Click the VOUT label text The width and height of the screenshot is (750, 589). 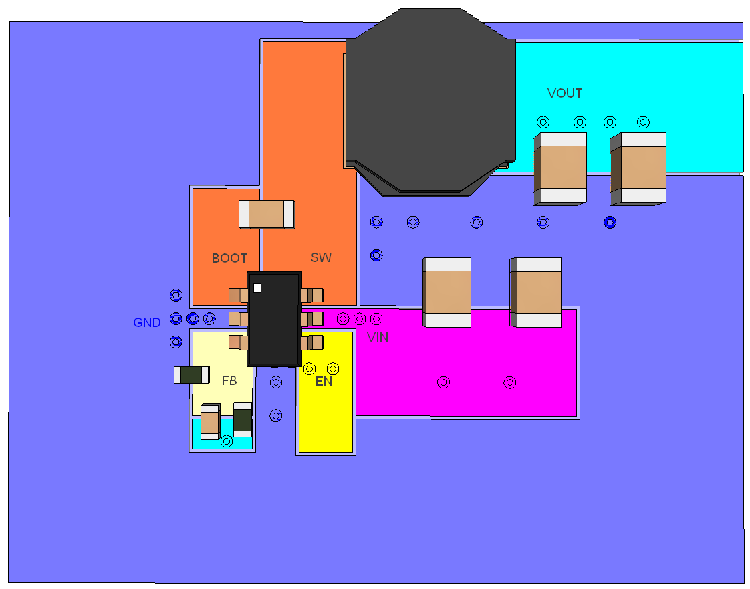(565, 93)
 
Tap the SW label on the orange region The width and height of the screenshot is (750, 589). (321, 257)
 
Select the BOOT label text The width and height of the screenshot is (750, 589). (229, 258)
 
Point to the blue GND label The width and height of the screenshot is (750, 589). (147, 323)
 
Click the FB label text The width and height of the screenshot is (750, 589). (229, 381)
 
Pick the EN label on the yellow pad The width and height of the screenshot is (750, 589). (324, 382)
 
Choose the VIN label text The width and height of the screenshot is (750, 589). (378, 338)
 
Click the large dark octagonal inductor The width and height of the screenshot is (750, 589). (430, 100)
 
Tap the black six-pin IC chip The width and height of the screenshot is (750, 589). (274, 319)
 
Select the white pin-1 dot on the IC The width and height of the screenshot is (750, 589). (257, 288)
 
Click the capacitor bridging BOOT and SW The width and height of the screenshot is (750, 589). (267, 214)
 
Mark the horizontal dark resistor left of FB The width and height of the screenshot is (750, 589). (192, 375)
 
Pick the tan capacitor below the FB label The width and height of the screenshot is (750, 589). (210, 422)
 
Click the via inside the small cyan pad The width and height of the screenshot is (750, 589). (227, 441)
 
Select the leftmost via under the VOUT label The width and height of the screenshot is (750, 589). (543, 122)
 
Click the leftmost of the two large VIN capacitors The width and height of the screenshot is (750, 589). (447, 292)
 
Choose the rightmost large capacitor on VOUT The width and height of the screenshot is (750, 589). (638, 168)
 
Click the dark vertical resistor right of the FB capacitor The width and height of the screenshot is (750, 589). (242, 419)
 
